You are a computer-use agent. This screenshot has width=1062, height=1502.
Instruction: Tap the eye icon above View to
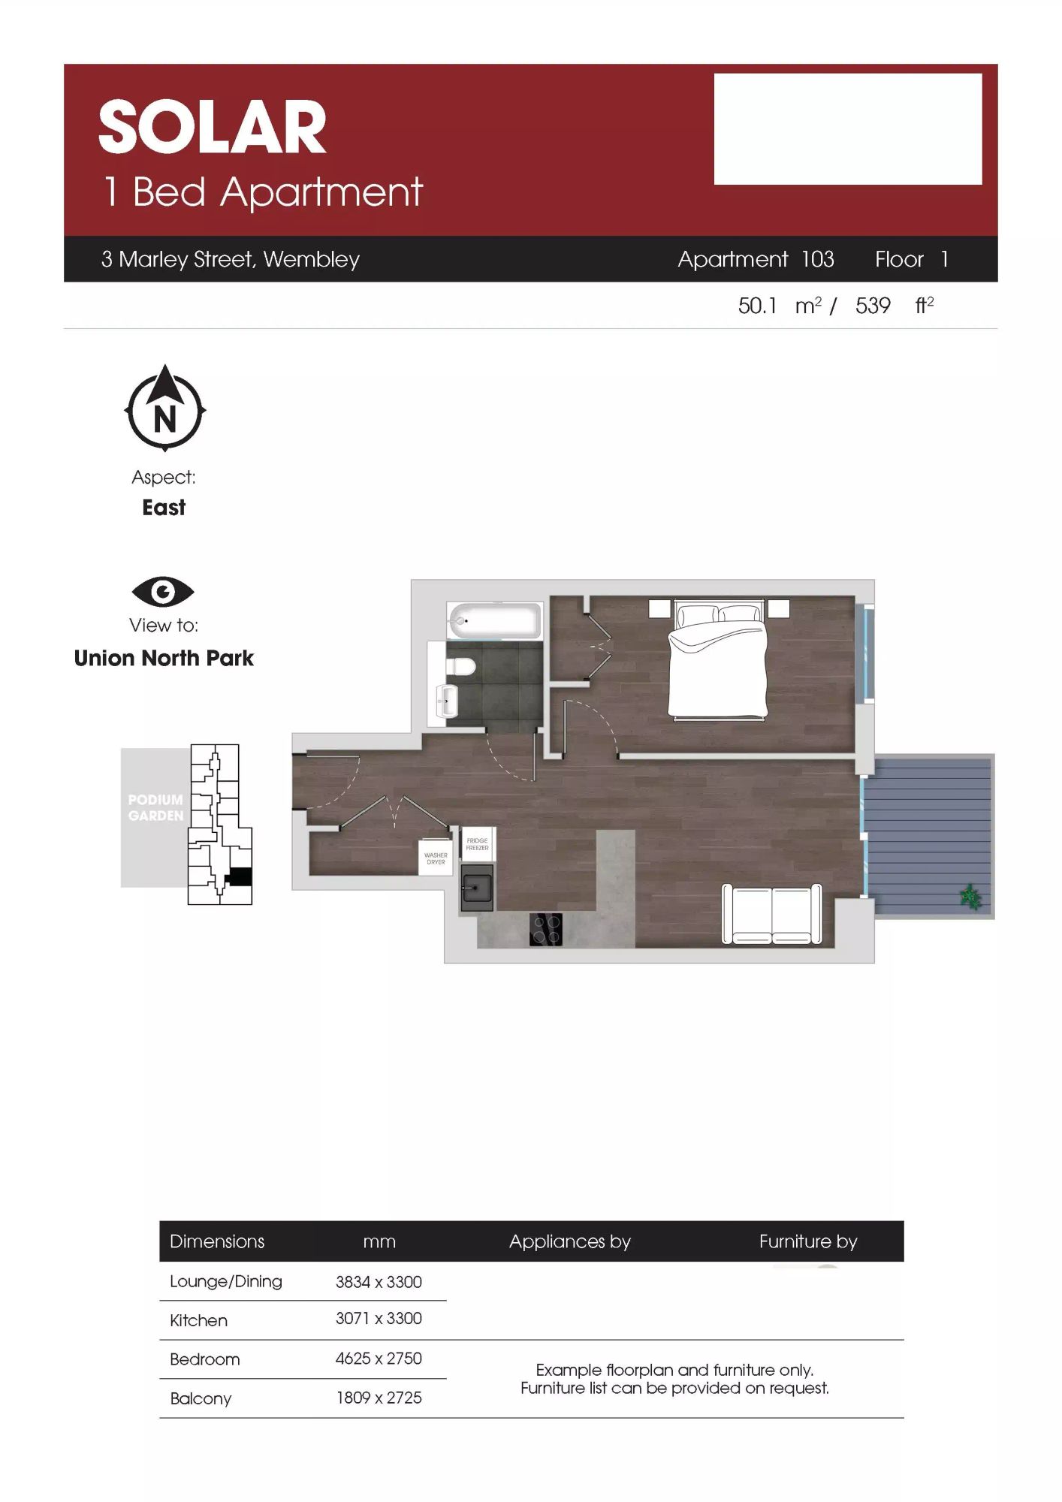coord(163,592)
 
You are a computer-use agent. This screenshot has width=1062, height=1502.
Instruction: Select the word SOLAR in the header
coord(213,127)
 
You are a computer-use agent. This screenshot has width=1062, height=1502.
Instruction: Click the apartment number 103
coord(817,259)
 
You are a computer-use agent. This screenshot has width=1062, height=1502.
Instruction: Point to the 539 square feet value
coord(873,306)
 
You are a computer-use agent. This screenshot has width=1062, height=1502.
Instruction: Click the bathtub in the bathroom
coord(495,620)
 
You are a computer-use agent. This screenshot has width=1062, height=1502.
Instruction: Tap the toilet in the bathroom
coord(460,666)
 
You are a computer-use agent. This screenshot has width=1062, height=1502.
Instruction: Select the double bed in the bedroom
coord(718,659)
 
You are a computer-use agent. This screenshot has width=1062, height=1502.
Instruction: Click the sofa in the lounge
coord(772,913)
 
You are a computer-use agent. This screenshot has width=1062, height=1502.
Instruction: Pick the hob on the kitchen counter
coord(546,929)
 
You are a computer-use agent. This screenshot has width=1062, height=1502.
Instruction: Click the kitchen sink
coord(476,888)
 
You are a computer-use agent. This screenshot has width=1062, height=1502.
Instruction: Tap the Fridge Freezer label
coord(477,844)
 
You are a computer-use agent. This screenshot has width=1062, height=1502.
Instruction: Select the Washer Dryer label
coord(436,858)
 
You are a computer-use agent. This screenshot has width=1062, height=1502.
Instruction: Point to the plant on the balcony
coord(970,896)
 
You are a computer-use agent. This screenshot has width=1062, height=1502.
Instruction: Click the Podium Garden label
coord(155,807)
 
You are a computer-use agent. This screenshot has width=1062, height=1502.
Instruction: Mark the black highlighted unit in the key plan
coord(239,876)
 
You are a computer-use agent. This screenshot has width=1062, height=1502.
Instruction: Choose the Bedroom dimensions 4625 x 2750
coord(379,1359)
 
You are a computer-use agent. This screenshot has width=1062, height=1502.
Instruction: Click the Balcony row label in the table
coord(201,1398)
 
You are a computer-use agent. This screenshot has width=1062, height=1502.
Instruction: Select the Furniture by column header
coord(808,1241)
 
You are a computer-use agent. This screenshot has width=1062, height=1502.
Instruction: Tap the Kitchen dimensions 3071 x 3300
coord(379,1319)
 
